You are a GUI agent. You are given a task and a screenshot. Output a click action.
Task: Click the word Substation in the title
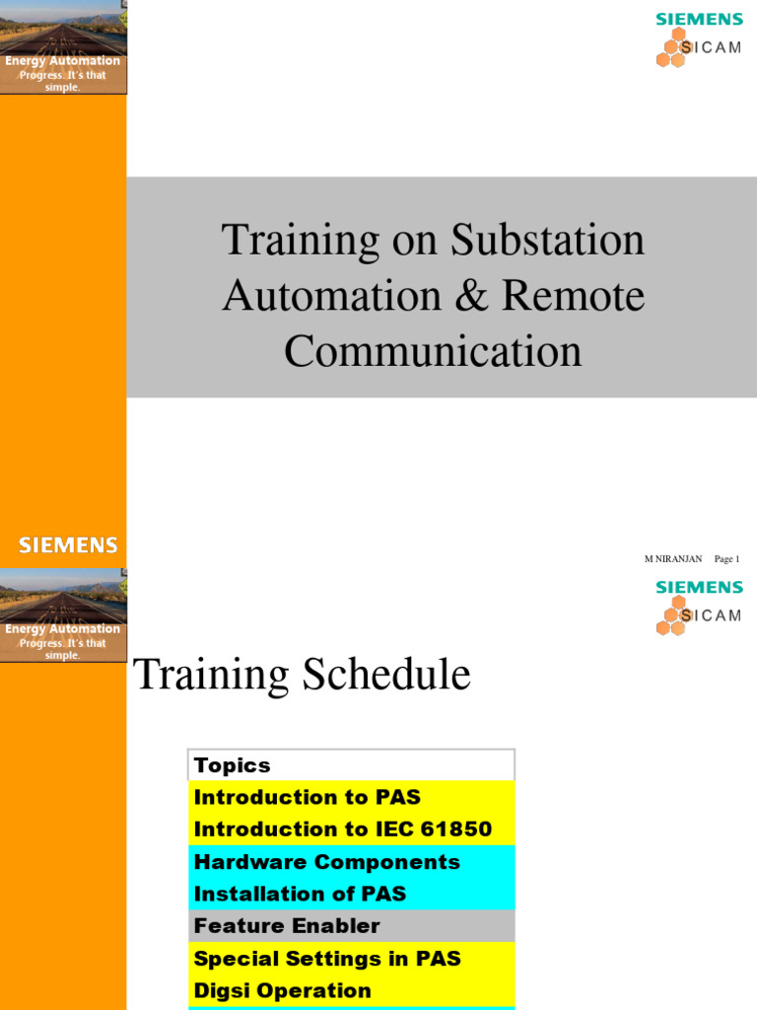click(x=548, y=240)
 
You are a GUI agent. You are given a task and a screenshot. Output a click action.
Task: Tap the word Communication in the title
click(x=433, y=351)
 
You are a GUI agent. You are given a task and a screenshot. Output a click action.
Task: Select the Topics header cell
click(x=233, y=765)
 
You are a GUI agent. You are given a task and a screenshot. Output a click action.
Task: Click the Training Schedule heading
click(x=302, y=675)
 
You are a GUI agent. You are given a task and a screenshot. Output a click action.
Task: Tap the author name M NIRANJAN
click(x=673, y=559)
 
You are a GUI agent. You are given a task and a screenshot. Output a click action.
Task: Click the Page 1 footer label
click(x=726, y=559)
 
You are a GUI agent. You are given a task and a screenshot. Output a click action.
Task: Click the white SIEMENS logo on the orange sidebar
click(x=68, y=545)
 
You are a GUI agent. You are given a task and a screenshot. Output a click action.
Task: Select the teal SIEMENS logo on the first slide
click(x=700, y=20)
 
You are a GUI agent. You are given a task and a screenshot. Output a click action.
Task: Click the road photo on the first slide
click(x=63, y=28)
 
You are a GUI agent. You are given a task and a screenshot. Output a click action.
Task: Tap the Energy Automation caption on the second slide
click(x=63, y=629)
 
